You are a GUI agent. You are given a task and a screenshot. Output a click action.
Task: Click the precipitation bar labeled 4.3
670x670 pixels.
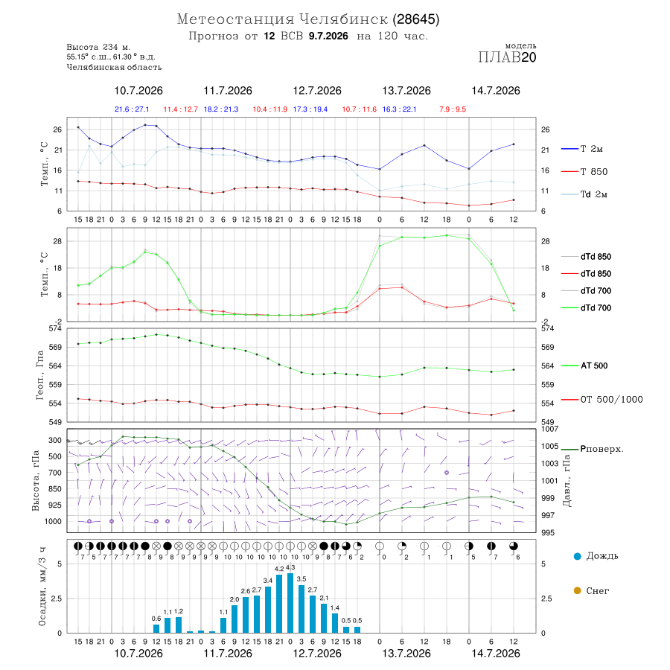(x=290, y=603)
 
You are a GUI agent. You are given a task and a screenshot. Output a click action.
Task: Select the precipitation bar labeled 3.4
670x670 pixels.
(x=268, y=610)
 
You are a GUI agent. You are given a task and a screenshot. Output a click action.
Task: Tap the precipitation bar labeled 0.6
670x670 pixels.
(x=156, y=628)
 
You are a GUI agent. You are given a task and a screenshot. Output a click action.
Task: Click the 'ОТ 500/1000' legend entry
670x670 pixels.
(x=602, y=400)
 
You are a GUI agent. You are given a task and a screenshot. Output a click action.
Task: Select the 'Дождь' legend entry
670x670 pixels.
(x=596, y=556)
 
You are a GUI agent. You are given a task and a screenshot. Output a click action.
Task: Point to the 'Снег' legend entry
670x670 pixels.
(x=591, y=590)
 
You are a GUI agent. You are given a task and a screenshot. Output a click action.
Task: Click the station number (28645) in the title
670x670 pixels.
(x=416, y=19)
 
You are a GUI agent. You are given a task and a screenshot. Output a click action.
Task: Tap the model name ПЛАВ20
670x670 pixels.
(x=507, y=57)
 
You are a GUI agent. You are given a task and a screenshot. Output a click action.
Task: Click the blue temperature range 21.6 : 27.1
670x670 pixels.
(x=132, y=109)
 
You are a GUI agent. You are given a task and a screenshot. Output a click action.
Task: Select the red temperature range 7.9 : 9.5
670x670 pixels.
(x=453, y=109)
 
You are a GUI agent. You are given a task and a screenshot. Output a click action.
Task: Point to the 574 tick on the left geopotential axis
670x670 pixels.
(x=55, y=328)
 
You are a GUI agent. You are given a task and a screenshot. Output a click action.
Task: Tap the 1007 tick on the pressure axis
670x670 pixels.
(x=549, y=429)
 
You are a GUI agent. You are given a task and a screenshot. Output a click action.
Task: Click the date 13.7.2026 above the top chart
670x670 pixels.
(x=406, y=91)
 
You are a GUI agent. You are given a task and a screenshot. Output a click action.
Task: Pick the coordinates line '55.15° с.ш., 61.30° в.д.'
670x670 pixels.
(x=111, y=57)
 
